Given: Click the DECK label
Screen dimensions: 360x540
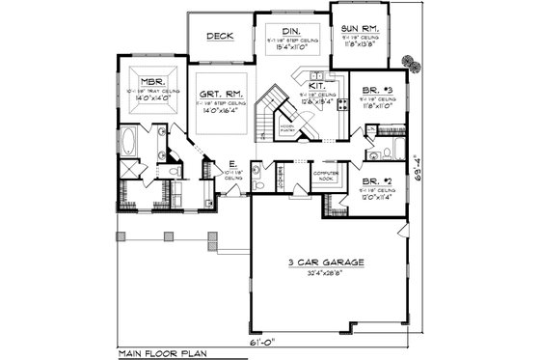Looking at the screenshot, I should [215, 37].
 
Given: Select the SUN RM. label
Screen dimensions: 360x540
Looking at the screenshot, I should [360, 29].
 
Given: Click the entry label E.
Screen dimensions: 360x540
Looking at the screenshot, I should [232, 164].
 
